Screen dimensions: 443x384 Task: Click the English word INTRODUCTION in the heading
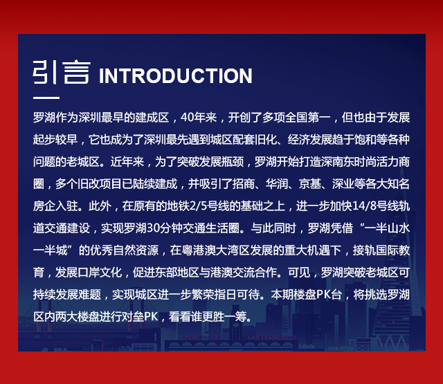click(175, 75)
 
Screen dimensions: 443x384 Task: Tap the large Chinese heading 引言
click(62, 72)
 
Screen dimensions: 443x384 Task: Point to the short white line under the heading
click(46, 98)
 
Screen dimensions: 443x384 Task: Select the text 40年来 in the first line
click(199, 118)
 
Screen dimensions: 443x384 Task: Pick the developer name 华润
click(277, 184)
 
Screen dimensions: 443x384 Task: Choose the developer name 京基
click(310, 184)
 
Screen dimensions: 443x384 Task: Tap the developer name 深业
click(343, 184)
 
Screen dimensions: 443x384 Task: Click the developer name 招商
click(244, 184)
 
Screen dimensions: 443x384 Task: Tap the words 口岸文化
click(100, 273)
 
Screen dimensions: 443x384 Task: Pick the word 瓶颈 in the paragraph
click(233, 162)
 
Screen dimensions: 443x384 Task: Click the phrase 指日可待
click(237, 295)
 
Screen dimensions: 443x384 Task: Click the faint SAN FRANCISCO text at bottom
click(271, 338)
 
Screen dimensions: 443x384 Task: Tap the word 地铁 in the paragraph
click(178, 206)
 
